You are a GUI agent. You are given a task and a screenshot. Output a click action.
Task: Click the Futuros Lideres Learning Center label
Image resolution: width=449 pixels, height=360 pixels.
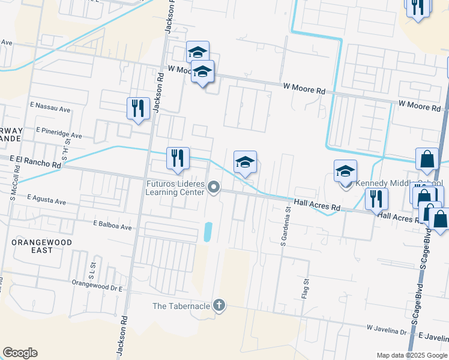(175, 188)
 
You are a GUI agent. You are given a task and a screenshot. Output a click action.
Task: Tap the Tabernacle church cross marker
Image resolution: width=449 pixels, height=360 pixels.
(219, 306)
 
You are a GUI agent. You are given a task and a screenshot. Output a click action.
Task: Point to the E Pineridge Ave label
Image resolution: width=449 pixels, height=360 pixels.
(59, 133)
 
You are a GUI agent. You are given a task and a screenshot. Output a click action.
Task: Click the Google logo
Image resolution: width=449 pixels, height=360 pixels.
(20, 353)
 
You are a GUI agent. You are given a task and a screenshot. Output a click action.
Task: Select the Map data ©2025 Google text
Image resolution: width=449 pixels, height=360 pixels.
(412, 355)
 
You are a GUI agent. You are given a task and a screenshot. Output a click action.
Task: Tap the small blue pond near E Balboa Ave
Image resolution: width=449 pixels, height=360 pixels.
(208, 232)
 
